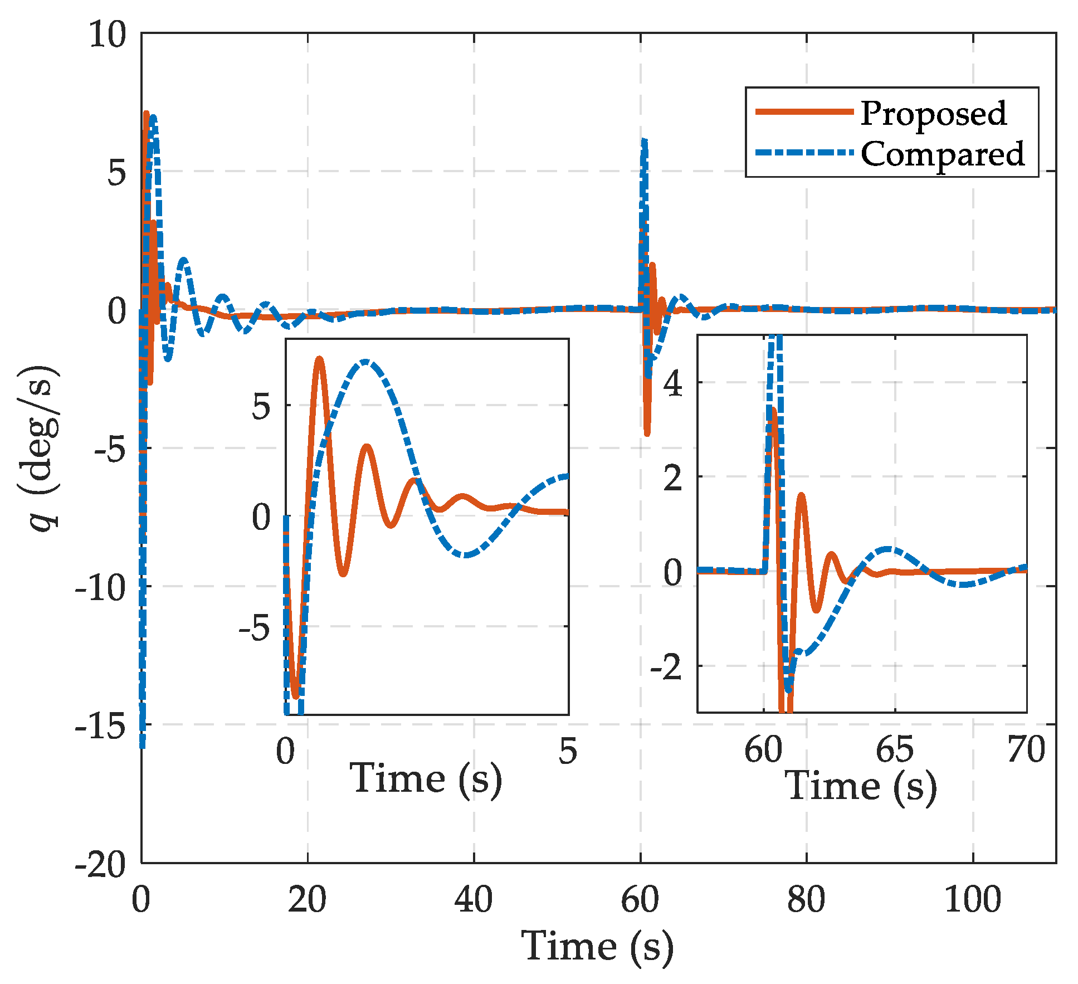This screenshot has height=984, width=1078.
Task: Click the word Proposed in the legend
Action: point(933,114)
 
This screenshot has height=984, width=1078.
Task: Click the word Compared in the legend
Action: point(942,154)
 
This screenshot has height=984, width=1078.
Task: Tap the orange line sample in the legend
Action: point(804,112)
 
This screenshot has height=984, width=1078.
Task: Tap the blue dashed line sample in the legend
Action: point(804,152)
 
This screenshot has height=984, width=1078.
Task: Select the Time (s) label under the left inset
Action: point(426,779)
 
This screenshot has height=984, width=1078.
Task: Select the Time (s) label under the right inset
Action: point(861,787)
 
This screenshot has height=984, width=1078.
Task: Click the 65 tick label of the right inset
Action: point(894,750)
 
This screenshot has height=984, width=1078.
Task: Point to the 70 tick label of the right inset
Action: point(1026,750)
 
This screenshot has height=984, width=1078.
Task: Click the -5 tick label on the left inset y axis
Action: point(254,629)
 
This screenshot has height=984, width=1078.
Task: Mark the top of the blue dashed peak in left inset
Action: point(364,362)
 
